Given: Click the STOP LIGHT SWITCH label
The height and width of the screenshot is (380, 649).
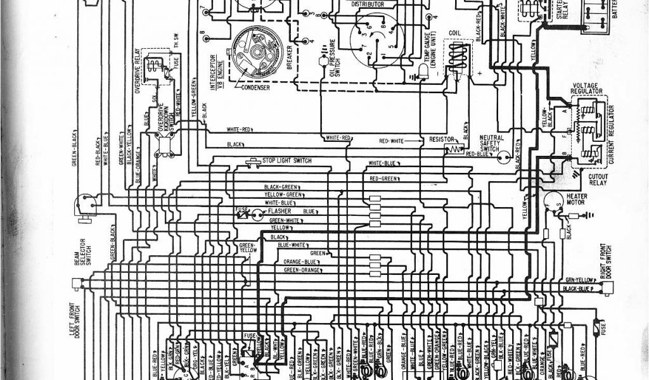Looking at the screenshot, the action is (x=286, y=161).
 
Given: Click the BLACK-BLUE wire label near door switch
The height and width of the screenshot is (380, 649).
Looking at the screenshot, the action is (x=578, y=288).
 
